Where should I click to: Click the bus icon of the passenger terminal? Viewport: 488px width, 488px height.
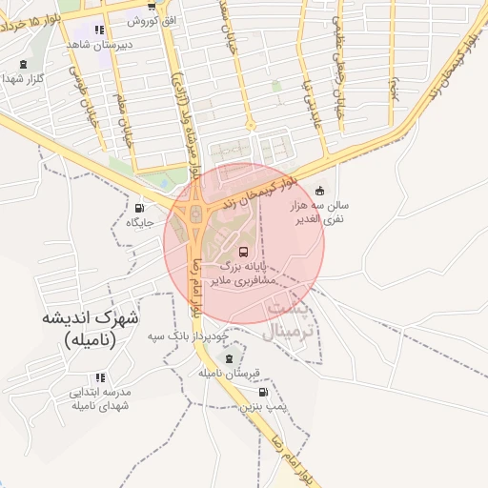244,253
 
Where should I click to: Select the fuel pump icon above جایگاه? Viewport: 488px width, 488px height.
140,208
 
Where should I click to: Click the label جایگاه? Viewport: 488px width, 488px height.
140,222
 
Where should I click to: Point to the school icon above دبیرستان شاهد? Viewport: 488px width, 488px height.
100,30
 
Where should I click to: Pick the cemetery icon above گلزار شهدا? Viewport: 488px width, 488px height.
24,65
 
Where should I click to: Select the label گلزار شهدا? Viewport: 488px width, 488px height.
25,78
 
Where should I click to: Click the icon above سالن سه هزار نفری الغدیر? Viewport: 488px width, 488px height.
318,190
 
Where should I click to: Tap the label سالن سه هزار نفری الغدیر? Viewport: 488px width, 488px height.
323,212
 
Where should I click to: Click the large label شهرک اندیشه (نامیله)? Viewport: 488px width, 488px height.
91,327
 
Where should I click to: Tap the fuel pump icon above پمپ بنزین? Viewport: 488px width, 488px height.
262,392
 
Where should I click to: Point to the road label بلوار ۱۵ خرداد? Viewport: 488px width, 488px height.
35,21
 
